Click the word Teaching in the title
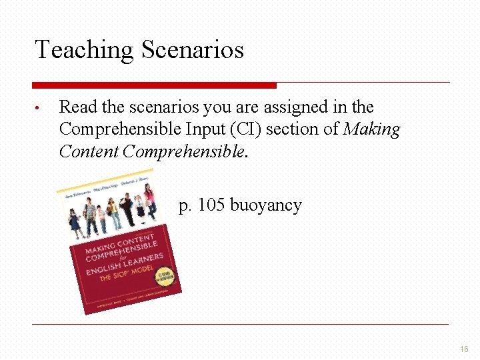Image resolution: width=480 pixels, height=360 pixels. click(84, 50)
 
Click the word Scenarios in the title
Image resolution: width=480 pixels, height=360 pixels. click(193, 50)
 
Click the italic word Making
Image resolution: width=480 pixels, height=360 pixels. click(371, 129)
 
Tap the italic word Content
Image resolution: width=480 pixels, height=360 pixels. click(89, 151)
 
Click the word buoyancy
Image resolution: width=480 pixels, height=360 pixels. click(266, 205)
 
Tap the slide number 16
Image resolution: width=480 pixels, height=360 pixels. click(464, 349)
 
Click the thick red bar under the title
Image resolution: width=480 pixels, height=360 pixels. click(154, 85)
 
